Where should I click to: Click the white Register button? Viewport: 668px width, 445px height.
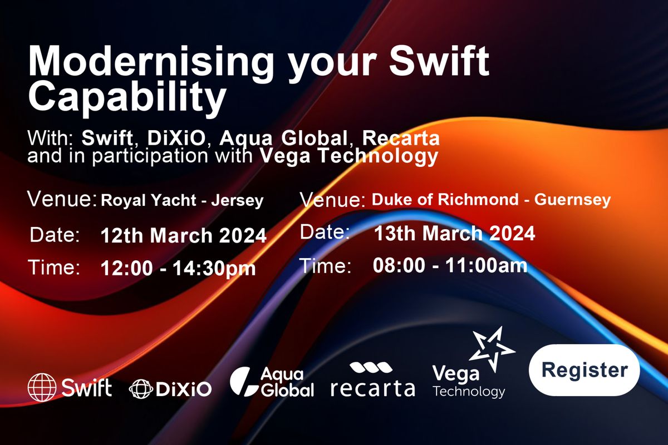coord(584,370)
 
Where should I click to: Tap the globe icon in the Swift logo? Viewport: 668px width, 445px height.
coord(42,387)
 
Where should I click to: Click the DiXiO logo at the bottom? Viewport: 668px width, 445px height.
coord(170,388)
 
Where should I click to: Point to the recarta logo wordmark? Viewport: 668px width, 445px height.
coord(372,388)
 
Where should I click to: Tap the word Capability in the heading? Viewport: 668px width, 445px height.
coord(127,96)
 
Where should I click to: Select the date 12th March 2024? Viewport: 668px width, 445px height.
coord(184,236)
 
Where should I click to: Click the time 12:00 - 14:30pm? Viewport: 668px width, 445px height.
coord(178,269)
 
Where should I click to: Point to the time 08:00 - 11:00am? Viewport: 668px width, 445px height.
coord(450,266)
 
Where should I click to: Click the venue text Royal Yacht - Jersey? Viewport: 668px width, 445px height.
coord(182,201)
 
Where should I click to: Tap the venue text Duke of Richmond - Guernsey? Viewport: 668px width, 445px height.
coord(491,200)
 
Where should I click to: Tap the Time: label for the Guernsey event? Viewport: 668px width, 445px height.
coord(326,266)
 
